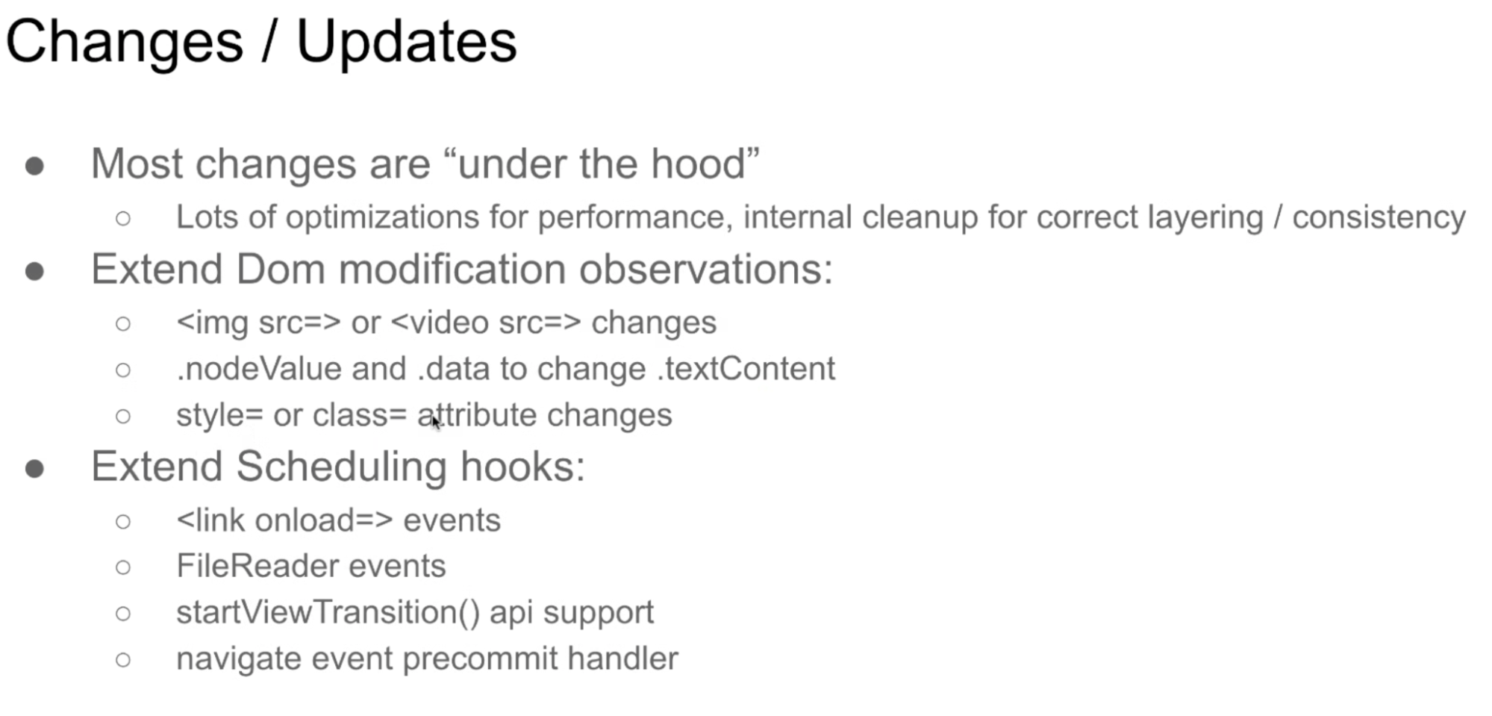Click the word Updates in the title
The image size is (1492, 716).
coord(406,43)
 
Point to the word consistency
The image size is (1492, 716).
coord(1379,218)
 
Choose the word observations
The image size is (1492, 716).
coord(706,269)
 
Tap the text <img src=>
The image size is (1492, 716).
coord(258,323)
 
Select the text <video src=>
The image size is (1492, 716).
coord(485,323)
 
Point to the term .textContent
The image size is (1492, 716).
coord(746,369)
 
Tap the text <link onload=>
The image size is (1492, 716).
coord(284,520)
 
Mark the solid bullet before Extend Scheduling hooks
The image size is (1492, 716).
coord(34,469)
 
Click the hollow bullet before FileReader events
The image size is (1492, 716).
coord(123,567)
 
